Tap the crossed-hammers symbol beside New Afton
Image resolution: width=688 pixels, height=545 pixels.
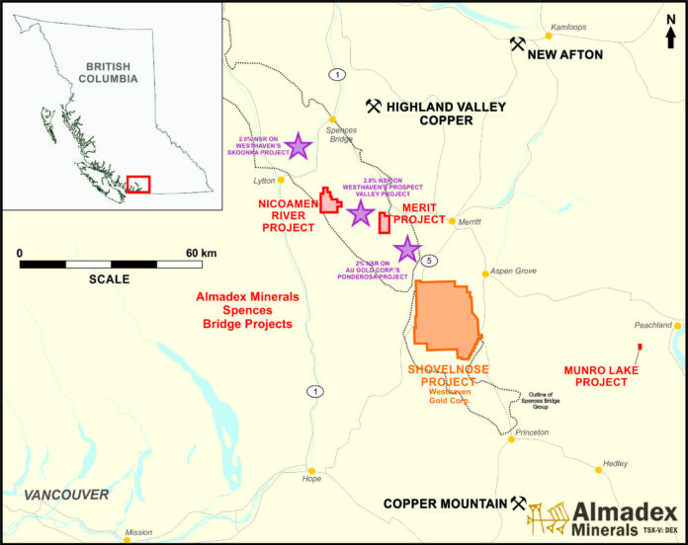pos(516,43)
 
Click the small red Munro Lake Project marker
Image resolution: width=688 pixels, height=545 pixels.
pos(640,346)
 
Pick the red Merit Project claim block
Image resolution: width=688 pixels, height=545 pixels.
pos(384,222)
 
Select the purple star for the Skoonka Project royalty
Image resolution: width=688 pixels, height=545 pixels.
pos(299,146)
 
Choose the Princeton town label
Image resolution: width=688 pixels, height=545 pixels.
pos(532,432)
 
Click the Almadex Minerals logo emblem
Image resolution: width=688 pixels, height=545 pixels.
pos(547,517)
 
